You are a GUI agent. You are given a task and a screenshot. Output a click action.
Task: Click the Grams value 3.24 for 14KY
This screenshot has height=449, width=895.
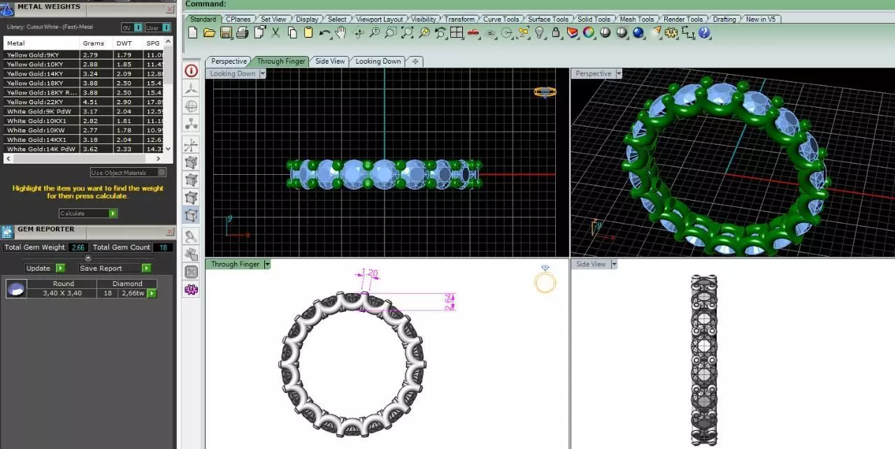[90, 73]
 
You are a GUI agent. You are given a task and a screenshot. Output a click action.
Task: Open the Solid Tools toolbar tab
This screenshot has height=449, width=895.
[593, 19]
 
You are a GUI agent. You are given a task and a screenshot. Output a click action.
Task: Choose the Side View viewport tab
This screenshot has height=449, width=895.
[330, 62]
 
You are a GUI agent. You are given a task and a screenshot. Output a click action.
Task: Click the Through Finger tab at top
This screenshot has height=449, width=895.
[280, 62]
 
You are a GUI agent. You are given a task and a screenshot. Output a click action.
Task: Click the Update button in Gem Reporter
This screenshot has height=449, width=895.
[38, 269]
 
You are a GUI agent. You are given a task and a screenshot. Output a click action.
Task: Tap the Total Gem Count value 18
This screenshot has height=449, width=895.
[163, 248]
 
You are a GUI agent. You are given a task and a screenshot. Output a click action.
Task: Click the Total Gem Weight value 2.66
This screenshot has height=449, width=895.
[78, 248]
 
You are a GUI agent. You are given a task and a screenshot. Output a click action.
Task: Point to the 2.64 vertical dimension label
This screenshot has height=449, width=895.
[450, 301]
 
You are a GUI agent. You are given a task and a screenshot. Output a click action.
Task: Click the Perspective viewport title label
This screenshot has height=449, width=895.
[594, 73]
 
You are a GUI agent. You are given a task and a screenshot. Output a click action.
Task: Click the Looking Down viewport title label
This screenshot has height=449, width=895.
[233, 73]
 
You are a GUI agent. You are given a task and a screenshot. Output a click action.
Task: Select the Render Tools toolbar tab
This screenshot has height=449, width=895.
[683, 19]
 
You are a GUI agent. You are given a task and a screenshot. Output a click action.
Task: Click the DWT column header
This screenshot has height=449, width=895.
[124, 43]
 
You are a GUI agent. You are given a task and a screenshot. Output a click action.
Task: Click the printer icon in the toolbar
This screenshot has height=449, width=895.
[242, 32]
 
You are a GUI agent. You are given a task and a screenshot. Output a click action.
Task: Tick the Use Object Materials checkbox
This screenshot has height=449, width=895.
[162, 173]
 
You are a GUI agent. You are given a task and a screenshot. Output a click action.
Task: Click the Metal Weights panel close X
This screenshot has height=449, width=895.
[170, 10]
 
